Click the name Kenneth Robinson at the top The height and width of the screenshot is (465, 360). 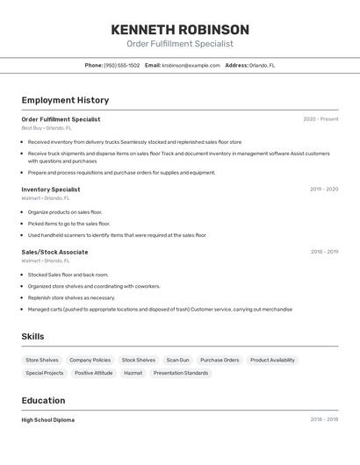tap(180, 29)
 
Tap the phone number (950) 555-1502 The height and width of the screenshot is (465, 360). tap(121, 65)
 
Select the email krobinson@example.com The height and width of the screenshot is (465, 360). tap(191, 65)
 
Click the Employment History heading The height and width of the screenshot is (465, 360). tap(65, 100)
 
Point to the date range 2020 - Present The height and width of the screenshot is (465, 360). tap(320, 119)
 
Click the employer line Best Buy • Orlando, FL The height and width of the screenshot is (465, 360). tap(47, 128)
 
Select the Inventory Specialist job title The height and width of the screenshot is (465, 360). tap(51, 190)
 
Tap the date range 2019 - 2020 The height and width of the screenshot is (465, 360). tap(324, 190)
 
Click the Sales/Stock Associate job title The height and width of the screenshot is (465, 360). tap(54, 252)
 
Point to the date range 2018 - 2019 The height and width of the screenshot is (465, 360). tap(324, 252)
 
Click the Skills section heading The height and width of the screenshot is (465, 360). tap(32, 337)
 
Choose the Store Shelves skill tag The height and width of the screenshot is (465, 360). tap(42, 360)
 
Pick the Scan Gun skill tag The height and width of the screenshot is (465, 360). tap(177, 360)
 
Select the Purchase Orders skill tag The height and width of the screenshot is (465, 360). tap(220, 360)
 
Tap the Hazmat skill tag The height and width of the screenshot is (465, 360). tap(133, 373)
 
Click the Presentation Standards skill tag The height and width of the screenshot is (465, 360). tap(181, 373)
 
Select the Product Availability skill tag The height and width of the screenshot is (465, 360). tap(272, 360)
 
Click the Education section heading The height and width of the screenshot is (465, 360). tap(45, 400)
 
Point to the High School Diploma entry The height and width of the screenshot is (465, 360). tap(48, 420)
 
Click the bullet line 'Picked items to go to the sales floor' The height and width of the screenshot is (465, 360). tap(68, 224)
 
